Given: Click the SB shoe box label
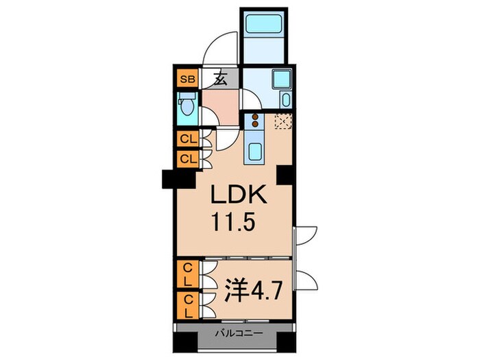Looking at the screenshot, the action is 187,80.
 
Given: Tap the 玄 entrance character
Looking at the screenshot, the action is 220,80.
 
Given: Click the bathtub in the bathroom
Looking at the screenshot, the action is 263,23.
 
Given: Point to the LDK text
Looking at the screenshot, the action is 239,194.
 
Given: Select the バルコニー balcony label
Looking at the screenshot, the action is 239,333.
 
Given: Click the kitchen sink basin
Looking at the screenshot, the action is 254,152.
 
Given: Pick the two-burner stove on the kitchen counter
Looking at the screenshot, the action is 254,120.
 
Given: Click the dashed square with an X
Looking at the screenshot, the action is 283,121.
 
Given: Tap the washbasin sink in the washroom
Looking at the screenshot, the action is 282,79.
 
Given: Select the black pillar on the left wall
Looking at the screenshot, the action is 179,179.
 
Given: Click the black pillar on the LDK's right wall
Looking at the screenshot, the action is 286,175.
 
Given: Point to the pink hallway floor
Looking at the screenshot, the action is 221,107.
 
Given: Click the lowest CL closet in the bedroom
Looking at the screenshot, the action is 188,305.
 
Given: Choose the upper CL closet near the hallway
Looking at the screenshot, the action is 188,139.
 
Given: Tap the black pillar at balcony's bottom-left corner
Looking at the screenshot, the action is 186,342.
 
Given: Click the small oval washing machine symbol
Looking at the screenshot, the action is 286,100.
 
